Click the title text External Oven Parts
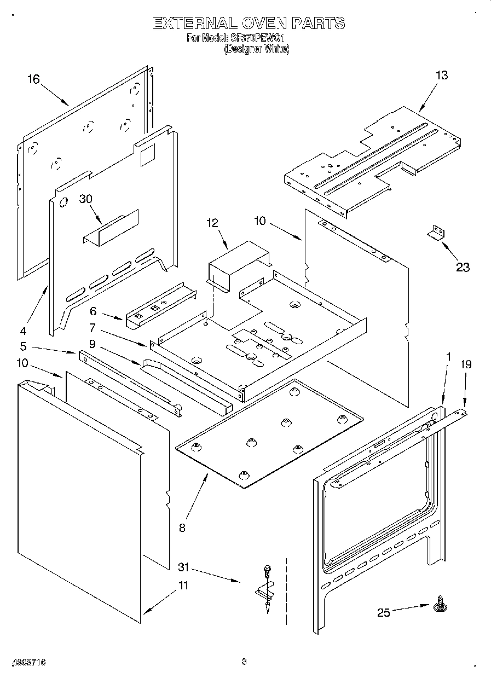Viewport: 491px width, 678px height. click(x=249, y=23)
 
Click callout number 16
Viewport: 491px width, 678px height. click(x=33, y=79)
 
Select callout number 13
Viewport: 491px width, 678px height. click(x=441, y=76)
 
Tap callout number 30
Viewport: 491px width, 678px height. click(x=86, y=199)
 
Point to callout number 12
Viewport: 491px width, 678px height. click(x=212, y=223)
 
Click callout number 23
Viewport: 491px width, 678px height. click(x=463, y=267)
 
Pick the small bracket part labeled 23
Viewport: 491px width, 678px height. click(x=436, y=232)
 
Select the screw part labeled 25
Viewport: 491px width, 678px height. click(x=438, y=605)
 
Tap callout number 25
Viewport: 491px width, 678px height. click(x=384, y=612)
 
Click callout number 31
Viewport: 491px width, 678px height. click(x=184, y=567)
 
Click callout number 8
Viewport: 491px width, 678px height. click(x=182, y=528)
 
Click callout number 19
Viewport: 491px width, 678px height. click(x=465, y=364)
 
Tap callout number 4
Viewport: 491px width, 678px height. click(x=23, y=331)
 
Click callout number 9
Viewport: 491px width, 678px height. click(x=92, y=344)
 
